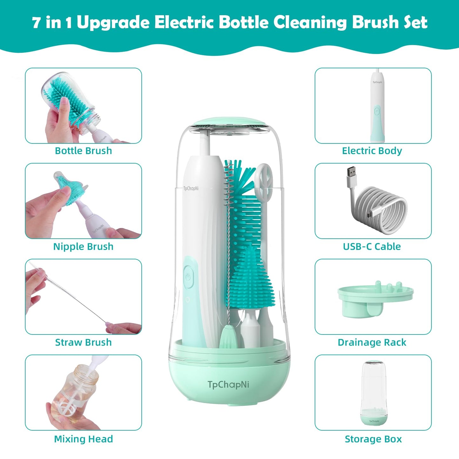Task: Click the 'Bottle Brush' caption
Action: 83,151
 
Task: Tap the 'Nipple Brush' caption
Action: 83,246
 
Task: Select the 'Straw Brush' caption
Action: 83,342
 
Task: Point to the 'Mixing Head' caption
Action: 83,439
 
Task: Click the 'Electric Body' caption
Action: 372,151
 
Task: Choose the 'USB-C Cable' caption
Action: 372,246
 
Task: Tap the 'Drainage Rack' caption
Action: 372,342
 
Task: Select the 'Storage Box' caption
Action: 373,439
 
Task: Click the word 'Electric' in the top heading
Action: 184,22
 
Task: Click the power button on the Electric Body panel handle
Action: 377,111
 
